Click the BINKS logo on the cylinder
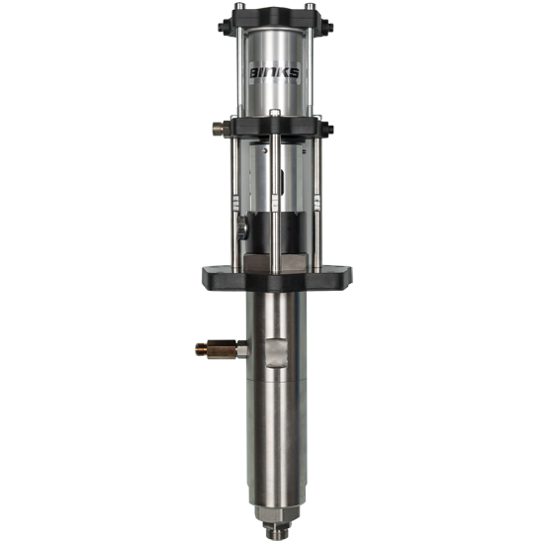pos(274,72)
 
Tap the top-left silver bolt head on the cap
pos(239,6)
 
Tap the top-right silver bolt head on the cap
pos(310,6)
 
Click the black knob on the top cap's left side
pos(223,27)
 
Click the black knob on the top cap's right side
pos(328,27)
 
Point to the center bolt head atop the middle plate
pos(274,113)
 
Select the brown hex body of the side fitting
pos(222,349)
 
